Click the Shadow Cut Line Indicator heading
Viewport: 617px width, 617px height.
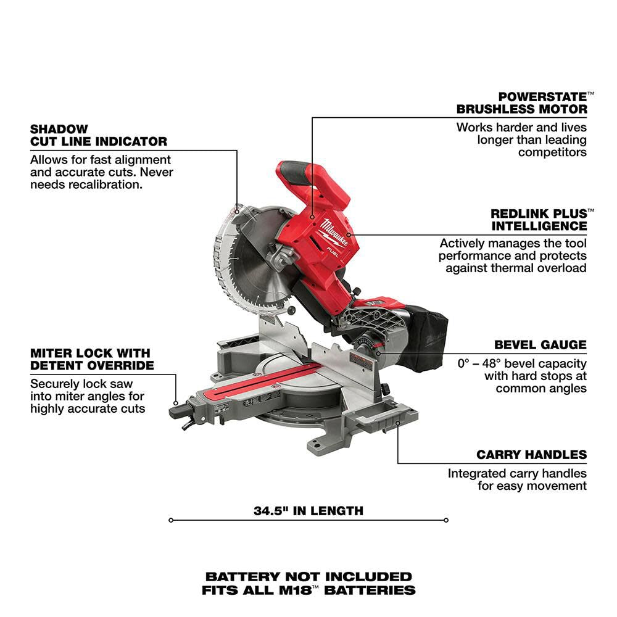(98, 135)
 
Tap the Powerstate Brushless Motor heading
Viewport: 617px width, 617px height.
(521, 102)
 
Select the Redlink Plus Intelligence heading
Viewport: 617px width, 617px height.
(539, 219)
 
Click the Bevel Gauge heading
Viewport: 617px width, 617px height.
(540, 345)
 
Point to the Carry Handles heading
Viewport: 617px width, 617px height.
(531, 455)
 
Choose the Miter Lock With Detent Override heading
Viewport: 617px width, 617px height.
(90, 359)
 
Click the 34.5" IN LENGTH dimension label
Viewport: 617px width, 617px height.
(308, 511)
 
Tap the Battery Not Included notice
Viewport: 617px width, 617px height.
(308, 577)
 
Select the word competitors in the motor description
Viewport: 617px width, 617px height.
(552, 152)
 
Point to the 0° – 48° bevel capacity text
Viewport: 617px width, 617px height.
(521, 363)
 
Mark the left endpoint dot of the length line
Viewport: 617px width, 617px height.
(171, 520)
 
